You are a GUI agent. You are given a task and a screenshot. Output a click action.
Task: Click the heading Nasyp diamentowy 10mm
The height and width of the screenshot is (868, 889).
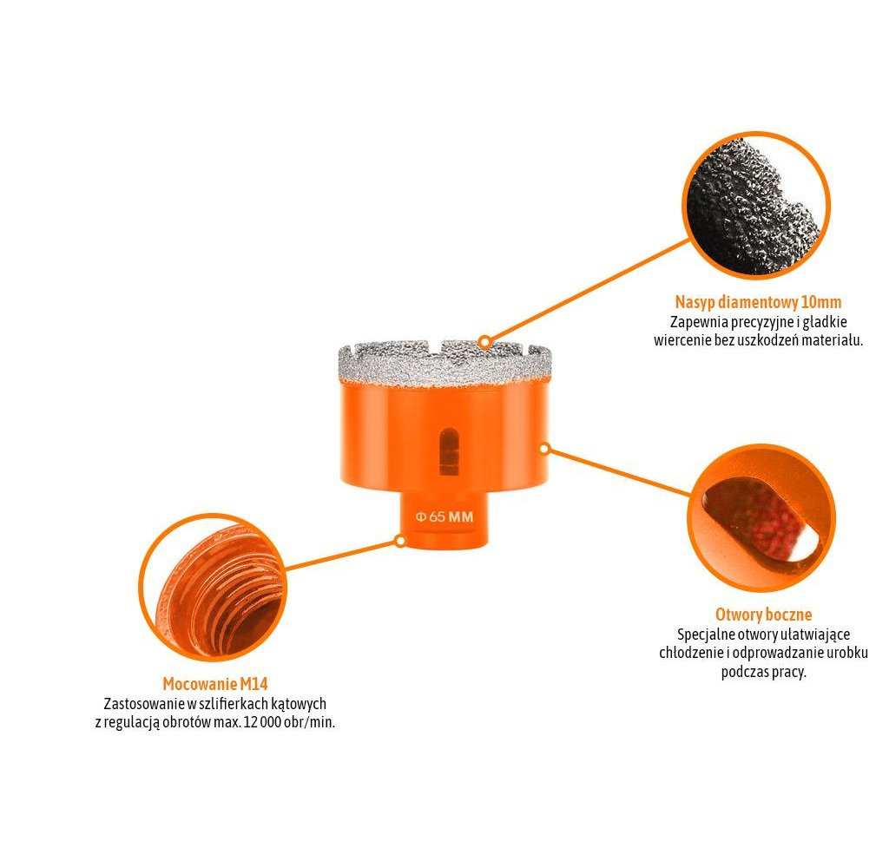coord(758,303)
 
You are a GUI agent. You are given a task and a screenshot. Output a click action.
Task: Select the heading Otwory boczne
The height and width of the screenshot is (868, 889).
coord(763,615)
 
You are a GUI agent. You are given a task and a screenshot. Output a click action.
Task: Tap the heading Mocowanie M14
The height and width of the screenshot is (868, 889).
coord(214,684)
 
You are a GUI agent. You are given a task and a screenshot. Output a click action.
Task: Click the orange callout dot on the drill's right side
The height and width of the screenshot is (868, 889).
coord(544,449)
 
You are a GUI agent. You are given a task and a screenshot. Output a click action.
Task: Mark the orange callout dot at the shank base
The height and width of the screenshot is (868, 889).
coord(400,540)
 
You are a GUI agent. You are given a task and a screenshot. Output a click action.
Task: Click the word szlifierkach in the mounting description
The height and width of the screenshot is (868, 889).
coord(229,704)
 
